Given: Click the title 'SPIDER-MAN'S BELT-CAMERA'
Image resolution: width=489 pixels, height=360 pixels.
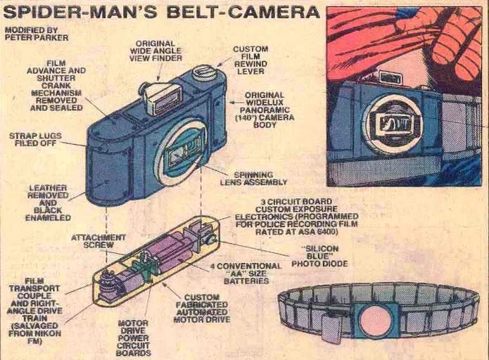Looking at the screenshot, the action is (x=161, y=13).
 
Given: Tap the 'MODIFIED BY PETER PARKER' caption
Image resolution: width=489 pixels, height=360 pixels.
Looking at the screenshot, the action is (x=37, y=34).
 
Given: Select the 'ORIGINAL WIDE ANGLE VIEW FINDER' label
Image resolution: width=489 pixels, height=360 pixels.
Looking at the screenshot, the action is (x=155, y=51).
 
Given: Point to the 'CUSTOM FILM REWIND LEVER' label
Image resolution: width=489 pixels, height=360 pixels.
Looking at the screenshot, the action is (x=250, y=60).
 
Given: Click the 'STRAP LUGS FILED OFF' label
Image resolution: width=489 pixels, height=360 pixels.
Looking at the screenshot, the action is (x=35, y=139).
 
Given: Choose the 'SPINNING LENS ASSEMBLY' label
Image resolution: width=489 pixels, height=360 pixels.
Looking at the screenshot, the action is (x=253, y=179).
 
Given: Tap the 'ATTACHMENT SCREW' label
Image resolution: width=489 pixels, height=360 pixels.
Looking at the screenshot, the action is (x=99, y=241).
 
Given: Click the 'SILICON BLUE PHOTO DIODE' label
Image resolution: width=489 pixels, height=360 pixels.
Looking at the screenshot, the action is (x=319, y=256).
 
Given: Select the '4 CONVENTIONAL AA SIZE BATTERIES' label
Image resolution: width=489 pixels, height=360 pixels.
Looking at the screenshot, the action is (x=246, y=274).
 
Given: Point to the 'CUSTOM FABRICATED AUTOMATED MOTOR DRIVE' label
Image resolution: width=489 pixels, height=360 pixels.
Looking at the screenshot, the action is (x=201, y=308).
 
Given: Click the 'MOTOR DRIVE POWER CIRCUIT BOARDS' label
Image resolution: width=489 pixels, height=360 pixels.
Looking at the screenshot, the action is (x=134, y=338).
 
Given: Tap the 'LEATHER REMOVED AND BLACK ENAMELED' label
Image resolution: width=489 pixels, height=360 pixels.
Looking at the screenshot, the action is (x=48, y=203).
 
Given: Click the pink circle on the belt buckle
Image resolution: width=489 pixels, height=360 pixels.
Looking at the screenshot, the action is (x=376, y=321).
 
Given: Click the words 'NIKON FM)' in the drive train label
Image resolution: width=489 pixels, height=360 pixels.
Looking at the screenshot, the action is (x=34, y=337).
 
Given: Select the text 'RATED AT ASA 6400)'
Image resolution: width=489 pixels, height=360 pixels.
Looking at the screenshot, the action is (x=297, y=231).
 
